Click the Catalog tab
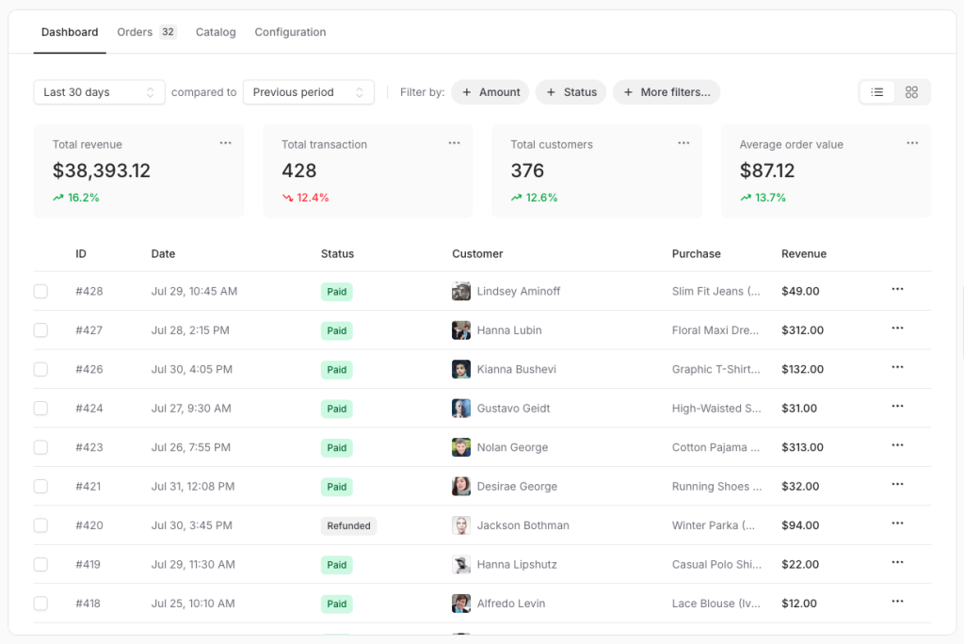216,32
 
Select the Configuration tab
290,32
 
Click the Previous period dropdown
308,92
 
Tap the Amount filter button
490,92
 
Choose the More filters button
667,92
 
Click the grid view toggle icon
911,92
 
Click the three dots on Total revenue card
225,143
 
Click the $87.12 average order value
767,170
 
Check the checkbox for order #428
40,292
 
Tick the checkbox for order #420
40,525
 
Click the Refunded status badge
348,526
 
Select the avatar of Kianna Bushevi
461,369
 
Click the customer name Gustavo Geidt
513,409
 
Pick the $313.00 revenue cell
802,447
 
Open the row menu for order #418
897,602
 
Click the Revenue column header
804,254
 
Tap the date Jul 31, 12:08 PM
193,487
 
